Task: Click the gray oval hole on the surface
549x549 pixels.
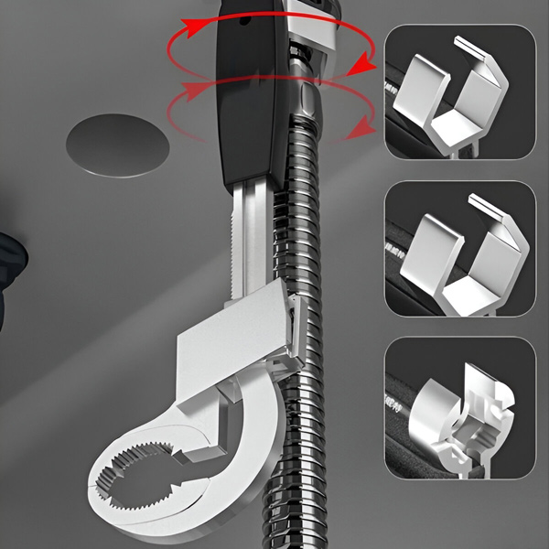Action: pyautogui.click(x=118, y=144)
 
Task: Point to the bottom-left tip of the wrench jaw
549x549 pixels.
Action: pyautogui.click(x=101, y=476)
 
